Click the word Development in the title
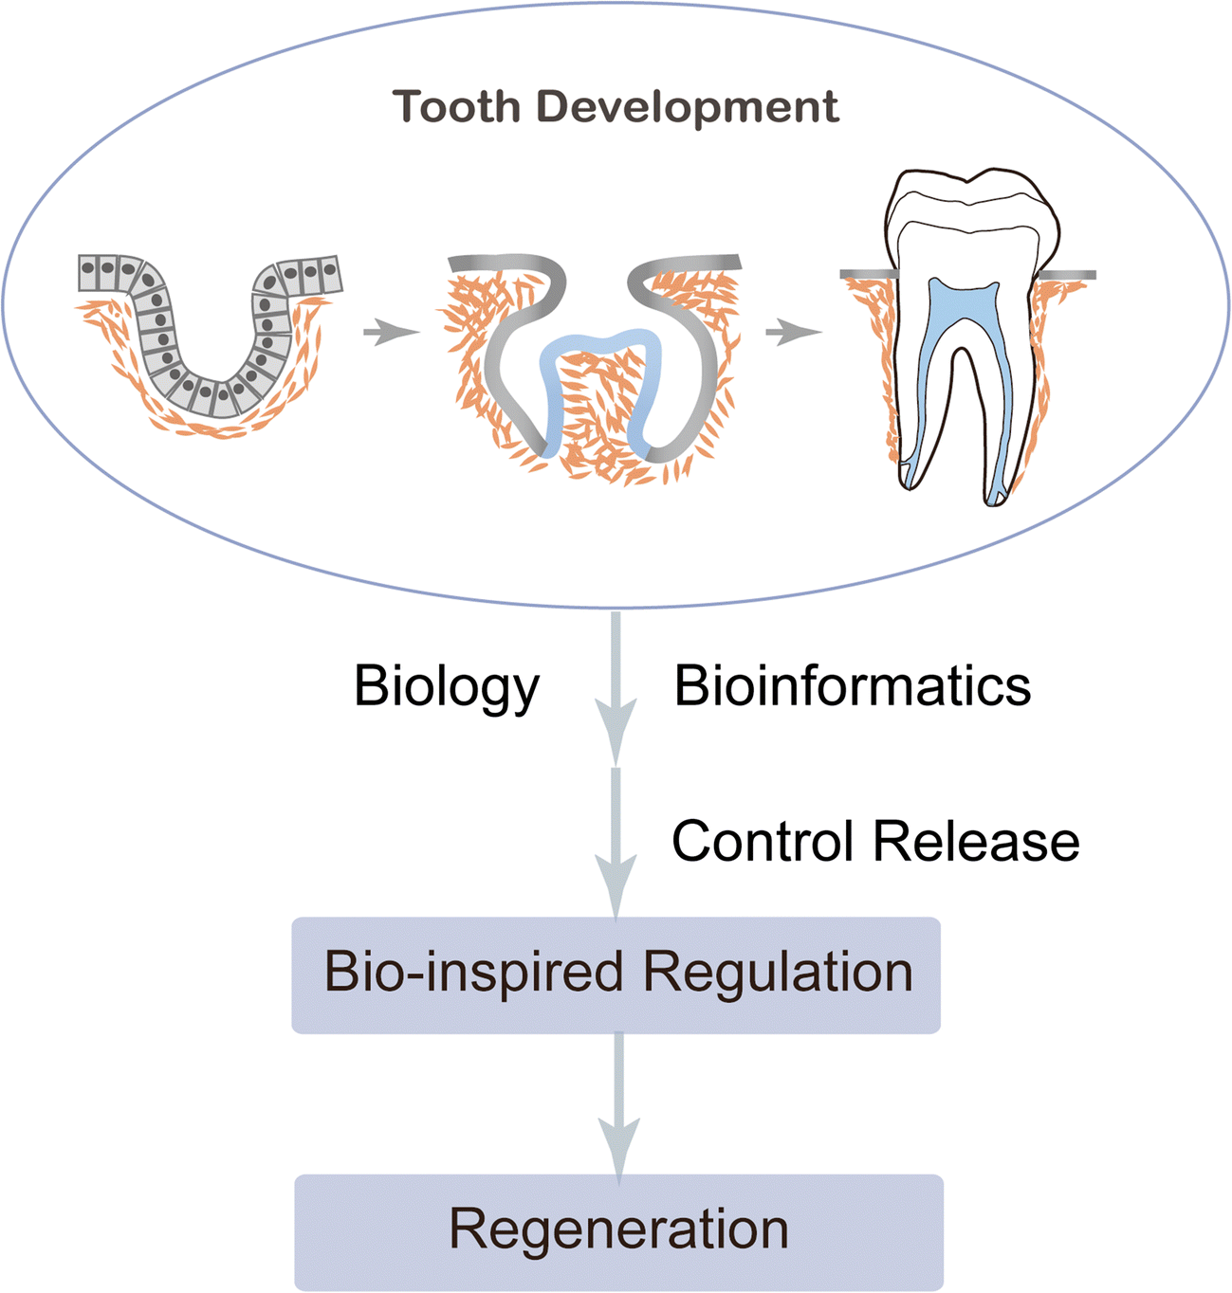(687, 106)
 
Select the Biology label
(446, 686)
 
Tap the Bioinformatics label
(852, 686)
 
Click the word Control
(764, 841)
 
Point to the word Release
(976, 841)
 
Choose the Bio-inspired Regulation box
(616, 974)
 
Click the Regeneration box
(618, 1230)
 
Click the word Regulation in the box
(778, 973)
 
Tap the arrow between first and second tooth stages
(390, 333)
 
